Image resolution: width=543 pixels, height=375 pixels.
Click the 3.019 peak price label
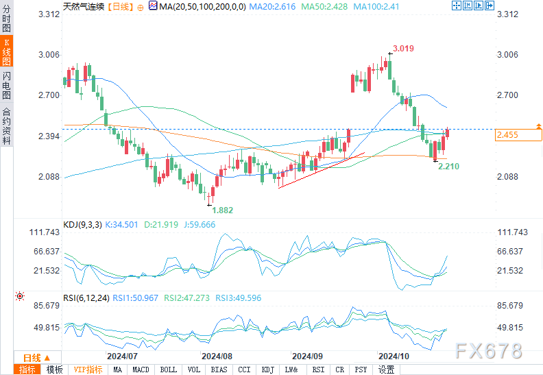pos(403,49)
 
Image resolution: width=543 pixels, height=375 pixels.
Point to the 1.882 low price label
pos(223,210)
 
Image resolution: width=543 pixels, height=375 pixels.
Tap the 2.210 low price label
pos(449,166)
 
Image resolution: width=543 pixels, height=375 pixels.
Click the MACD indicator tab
pos(141,370)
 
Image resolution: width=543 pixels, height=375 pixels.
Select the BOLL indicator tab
pos(168,370)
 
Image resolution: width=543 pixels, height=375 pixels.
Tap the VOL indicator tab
pos(195,370)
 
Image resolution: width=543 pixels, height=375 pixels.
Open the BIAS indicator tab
pos(219,370)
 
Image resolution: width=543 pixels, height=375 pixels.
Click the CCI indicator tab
pos(244,370)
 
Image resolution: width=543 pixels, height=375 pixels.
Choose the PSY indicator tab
pos(361,370)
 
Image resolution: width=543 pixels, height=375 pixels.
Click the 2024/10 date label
pos(394,356)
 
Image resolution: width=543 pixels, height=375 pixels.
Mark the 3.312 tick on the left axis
pos(49,14)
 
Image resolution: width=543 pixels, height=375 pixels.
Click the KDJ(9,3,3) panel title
pos(82,223)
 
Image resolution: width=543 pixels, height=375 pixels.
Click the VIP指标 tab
pos(88,370)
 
